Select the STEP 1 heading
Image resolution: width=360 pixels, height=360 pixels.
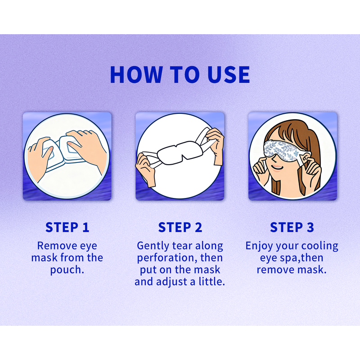click(67, 227)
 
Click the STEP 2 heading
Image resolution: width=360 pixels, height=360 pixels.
click(180, 227)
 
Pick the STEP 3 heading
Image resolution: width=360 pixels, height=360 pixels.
click(292, 227)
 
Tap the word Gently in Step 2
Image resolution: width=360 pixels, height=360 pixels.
click(153, 246)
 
